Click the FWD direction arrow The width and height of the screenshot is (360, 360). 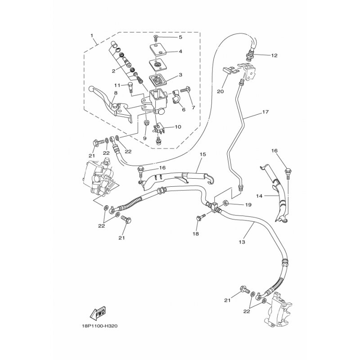click(98, 313)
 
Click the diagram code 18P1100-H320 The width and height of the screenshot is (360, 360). click(99, 326)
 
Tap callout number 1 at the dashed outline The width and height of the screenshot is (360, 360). click(92, 36)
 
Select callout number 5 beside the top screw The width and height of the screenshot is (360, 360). click(180, 37)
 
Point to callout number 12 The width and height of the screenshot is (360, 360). click(274, 55)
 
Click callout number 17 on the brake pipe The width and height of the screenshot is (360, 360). click(265, 112)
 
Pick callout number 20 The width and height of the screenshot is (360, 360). click(220, 92)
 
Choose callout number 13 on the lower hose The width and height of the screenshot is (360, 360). click(242, 242)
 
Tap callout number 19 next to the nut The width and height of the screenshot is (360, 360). click(248, 205)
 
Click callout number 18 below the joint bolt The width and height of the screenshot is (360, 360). click(196, 234)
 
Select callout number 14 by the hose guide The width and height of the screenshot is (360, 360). click(259, 196)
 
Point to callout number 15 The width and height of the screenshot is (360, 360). click(203, 154)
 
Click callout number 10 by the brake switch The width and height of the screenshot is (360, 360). click(178, 127)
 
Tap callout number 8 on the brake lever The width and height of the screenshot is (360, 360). click(116, 93)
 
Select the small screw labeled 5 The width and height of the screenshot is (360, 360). click(156, 38)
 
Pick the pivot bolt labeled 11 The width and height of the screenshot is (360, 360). click(130, 88)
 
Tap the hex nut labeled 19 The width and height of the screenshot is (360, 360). click(226, 202)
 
